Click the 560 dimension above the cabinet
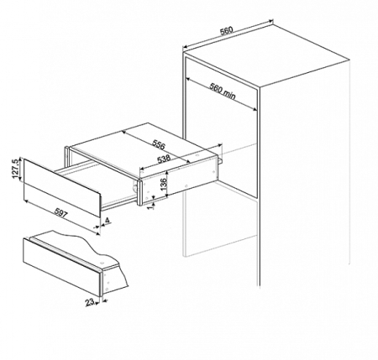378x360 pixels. tap(226, 30)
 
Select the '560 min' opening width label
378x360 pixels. tap(223, 92)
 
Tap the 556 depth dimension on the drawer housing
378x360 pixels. tap(159, 143)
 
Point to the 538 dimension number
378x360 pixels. tap(164, 159)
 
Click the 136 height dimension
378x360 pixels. tap(164, 183)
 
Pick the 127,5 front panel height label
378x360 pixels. tap(16, 169)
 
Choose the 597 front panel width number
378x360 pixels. tap(61, 213)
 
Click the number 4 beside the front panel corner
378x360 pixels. tap(107, 221)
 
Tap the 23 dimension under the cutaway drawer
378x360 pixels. tap(90, 302)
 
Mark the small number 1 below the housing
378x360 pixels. tap(150, 206)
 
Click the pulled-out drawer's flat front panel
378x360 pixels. tap(61, 187)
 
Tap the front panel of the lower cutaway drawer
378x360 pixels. tap(61, 267)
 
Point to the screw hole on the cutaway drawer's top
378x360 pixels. tap(102, 263)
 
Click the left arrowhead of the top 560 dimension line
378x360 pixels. tap(185, 47)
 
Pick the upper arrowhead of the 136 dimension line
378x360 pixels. tap(167, 173)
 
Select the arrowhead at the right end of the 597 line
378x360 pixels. tap(97, 233)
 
